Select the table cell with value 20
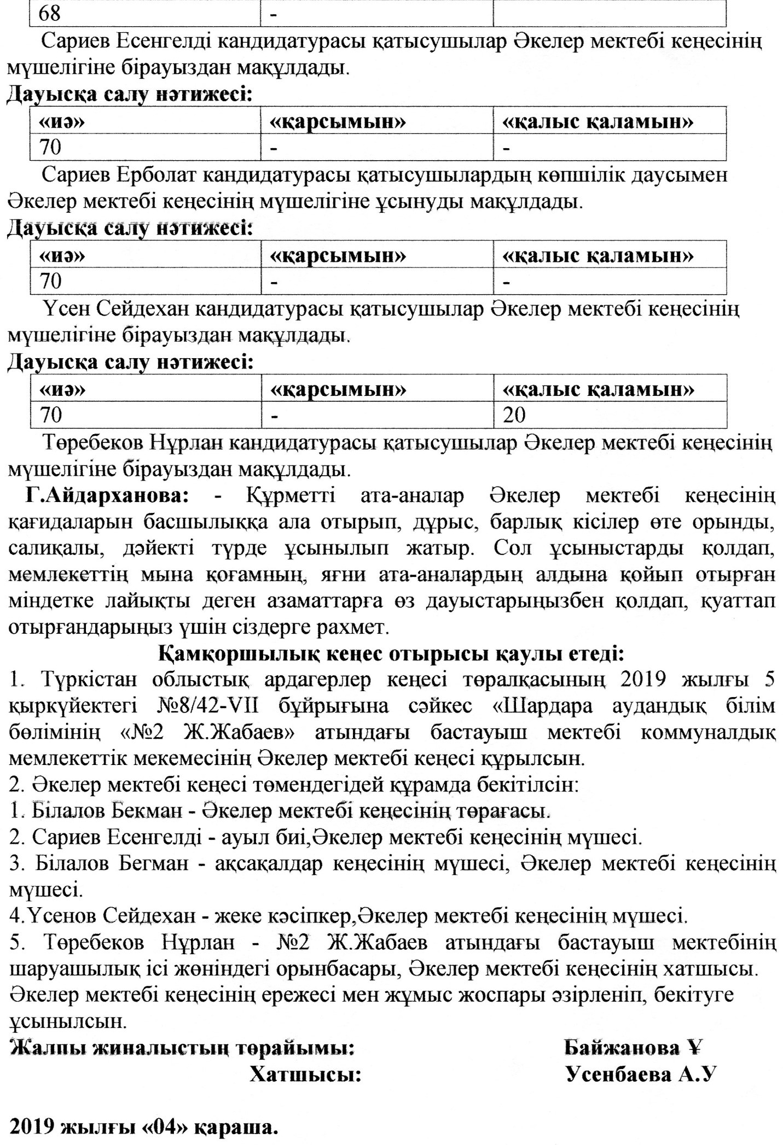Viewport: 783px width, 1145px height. [610, 415]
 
